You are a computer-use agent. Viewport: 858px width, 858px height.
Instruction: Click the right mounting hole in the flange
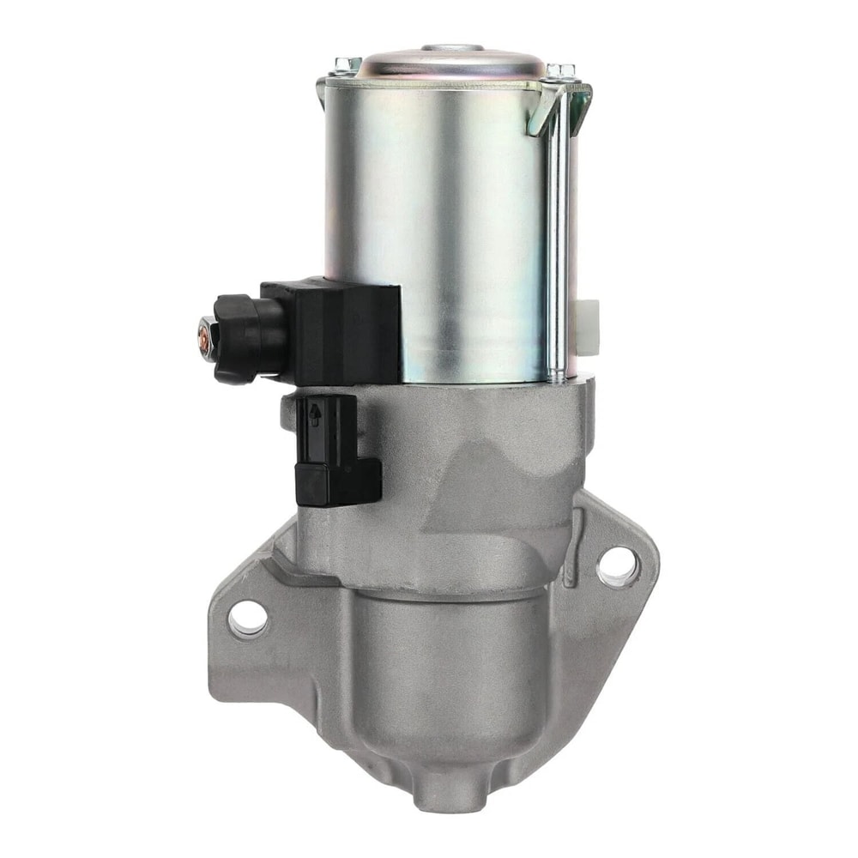[x=617, y=566]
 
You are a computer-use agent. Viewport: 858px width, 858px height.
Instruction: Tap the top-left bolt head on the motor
[x=347, y=64]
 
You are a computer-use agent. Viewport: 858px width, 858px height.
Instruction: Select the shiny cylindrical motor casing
[x=438, y=214]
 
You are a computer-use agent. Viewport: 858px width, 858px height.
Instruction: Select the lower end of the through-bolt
[x=556, y=373]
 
